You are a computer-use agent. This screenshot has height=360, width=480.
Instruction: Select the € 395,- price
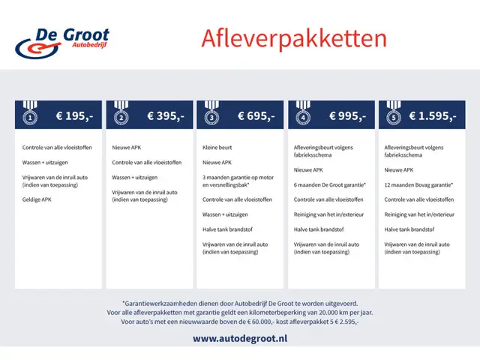(165, 116)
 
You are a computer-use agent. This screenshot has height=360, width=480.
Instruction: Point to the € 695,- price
(256, 116)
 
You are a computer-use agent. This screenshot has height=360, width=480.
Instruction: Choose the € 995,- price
(347, 116)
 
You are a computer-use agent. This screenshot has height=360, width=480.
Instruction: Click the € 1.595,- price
(433, 116)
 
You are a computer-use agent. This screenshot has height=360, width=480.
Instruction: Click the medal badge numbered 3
(211, 116)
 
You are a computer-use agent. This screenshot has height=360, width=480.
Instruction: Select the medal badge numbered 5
(393, 116)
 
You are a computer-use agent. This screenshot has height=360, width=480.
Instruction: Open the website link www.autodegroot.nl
(240, 338)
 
